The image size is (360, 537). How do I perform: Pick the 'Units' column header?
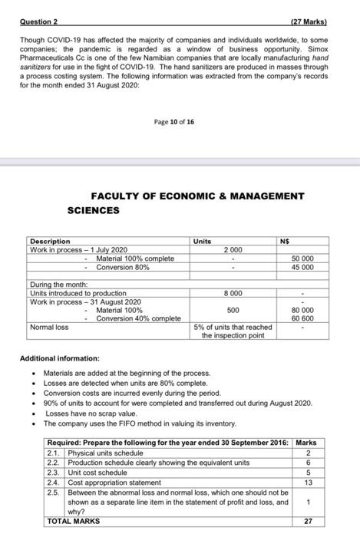(x=203, y=241)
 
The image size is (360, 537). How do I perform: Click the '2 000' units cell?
(x=233, y=250)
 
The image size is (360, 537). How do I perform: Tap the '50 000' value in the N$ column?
(x=302, y=259)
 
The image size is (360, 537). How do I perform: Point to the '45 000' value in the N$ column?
(x=302, y=268)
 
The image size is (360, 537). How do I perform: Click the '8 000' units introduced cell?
(x=233, y=293)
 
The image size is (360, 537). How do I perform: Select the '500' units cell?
(x=233, y=310)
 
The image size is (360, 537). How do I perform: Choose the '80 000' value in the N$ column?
(x=302, y=310)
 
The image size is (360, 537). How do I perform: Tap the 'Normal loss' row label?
(x=49, y=327)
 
